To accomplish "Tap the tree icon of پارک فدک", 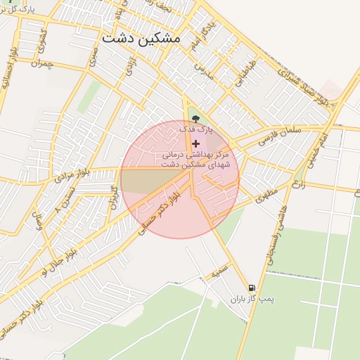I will point(195,119).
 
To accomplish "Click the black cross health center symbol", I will point(195,143).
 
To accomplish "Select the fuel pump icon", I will point(252,288).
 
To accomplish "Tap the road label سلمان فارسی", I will point(281,131).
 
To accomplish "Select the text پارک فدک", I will point(195,130).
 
